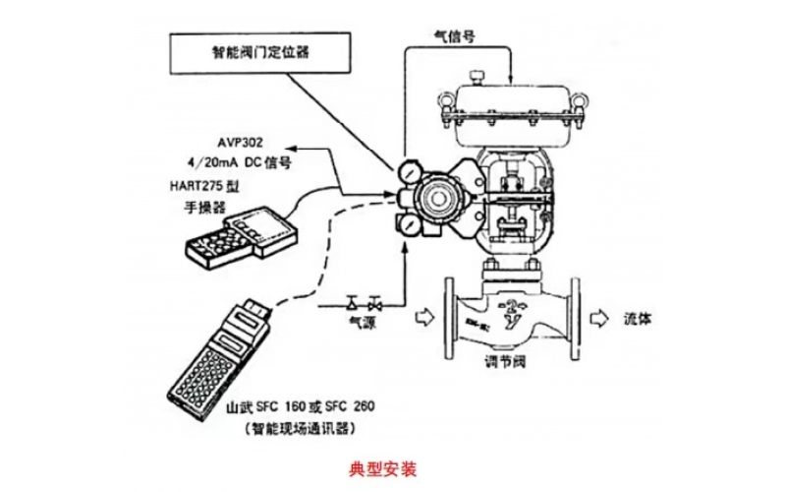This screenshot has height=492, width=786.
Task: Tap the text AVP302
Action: coord(241,142)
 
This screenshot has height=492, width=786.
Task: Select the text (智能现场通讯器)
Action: coord(301,428)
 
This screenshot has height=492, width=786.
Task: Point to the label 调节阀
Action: coord(506,361)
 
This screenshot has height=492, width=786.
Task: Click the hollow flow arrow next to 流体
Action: coord(598,318)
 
